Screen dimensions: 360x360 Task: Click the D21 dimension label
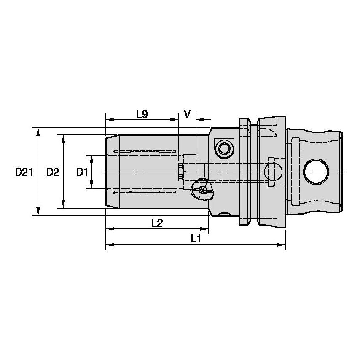tap(24, 172)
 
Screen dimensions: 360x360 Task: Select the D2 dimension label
tap(52, 172)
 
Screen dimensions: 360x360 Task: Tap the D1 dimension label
tap(81, 172)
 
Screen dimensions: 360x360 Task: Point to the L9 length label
tap(142, 114)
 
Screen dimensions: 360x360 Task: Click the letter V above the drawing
tap(188, 114)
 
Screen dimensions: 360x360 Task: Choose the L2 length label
tap(157, 223)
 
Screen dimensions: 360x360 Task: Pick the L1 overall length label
tap(195, 239)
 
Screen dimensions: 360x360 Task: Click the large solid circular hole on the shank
tap(316, 172)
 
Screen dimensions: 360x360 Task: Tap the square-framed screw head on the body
tap(223, 148)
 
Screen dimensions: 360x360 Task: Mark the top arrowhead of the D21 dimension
tap(38, 131)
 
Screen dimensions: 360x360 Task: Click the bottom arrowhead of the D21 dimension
tap(38, 212)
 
